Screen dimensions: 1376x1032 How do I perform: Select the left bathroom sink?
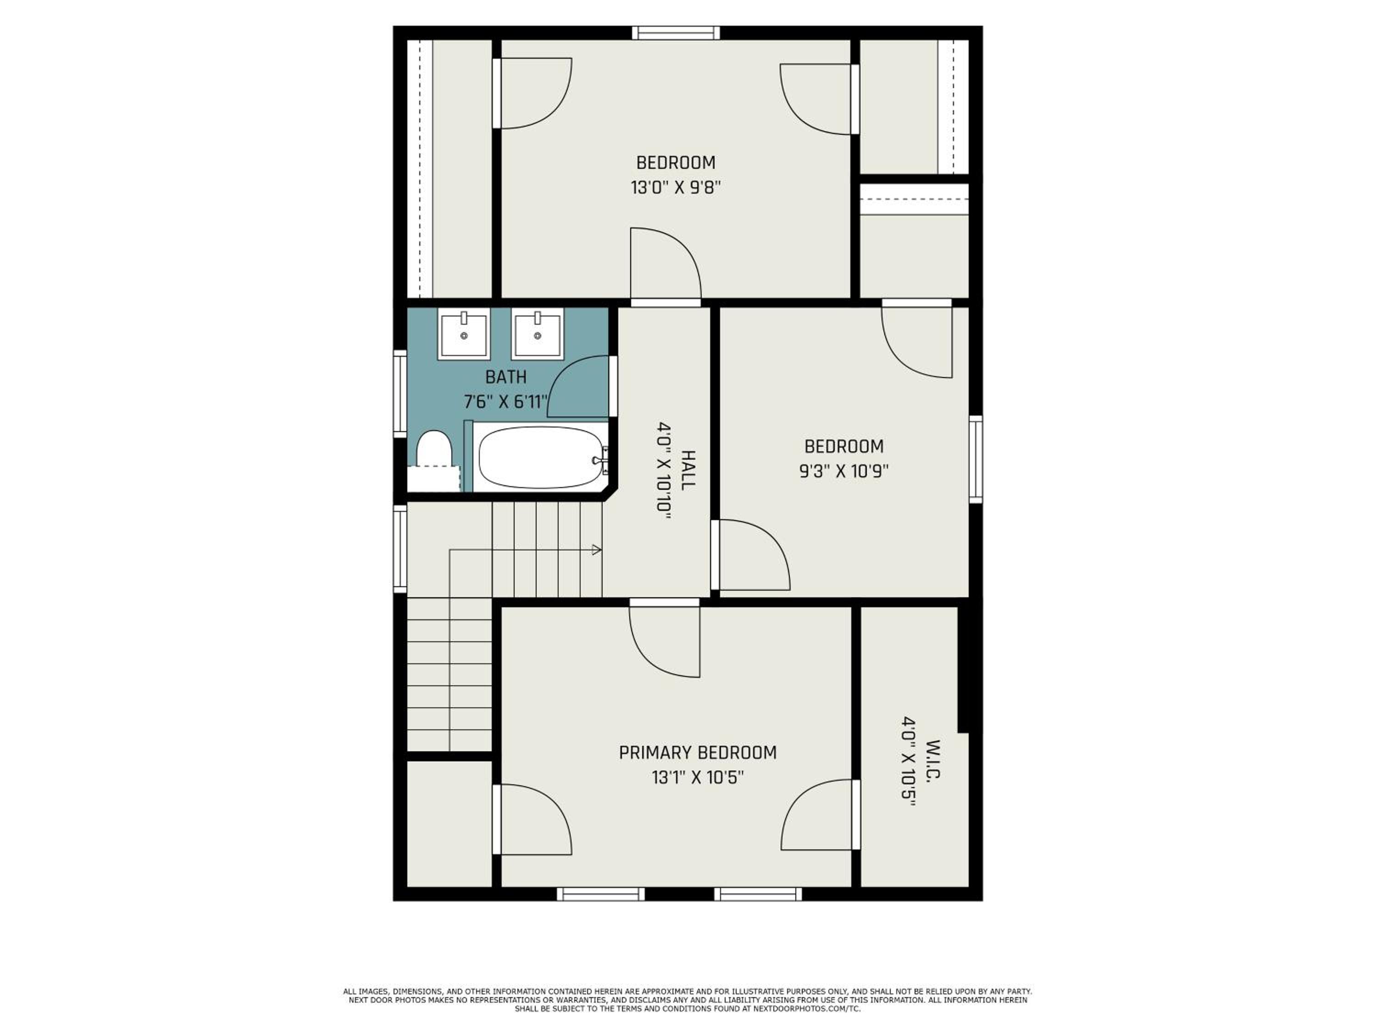[x=463, y=333]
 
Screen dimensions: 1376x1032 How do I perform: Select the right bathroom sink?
[x=538, y=333]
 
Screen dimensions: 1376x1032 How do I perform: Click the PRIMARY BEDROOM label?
[x=697, y=753]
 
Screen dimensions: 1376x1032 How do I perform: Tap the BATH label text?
[x=506, y=377]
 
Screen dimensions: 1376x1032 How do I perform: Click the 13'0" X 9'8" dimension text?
[x=676, y=187]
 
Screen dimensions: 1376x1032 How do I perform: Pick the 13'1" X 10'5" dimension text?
[x=697, y=777]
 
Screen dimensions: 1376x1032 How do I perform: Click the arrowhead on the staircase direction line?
[x=597, y=550]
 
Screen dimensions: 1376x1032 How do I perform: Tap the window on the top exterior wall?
[x=676, y=33]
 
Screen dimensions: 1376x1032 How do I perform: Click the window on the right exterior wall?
[x=976, y=459]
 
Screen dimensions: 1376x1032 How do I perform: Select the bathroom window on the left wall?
[x=400, y=393]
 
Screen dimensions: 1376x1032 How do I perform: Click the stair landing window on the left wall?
[x=400, y=549]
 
